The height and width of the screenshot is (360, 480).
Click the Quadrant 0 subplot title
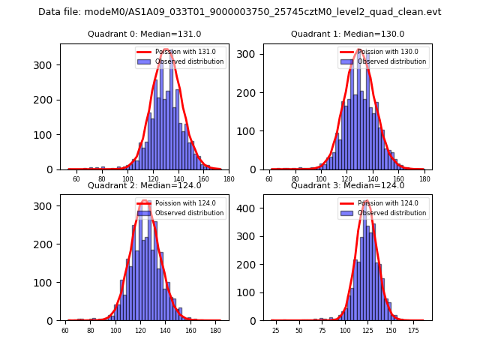145,34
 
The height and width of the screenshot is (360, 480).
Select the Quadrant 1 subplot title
348,34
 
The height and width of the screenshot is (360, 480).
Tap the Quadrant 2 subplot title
145,185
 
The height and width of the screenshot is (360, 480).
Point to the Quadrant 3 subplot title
348,185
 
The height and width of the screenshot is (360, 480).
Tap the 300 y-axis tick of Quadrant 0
46,65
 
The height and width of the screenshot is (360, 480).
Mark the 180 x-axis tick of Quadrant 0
229,179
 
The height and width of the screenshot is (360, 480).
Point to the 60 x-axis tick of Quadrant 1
269,179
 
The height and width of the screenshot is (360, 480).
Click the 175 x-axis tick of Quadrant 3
413,331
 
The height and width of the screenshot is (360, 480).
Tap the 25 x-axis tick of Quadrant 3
275,331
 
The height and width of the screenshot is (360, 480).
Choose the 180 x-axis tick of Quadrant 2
216,331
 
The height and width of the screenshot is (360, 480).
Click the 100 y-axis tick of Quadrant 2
46,283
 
